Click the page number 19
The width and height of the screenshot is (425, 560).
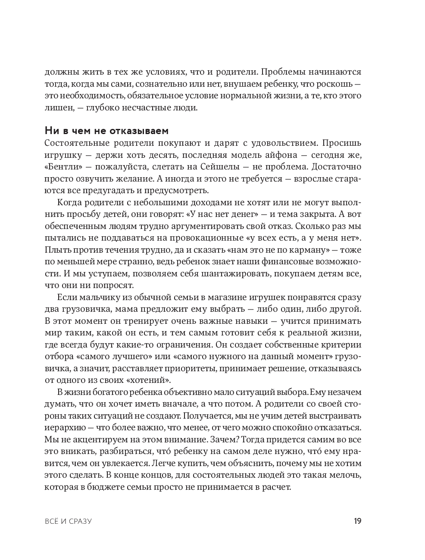pos(357,521)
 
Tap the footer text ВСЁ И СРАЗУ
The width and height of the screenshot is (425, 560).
pos(69,522)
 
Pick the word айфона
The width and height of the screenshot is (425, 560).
pos(281,155)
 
